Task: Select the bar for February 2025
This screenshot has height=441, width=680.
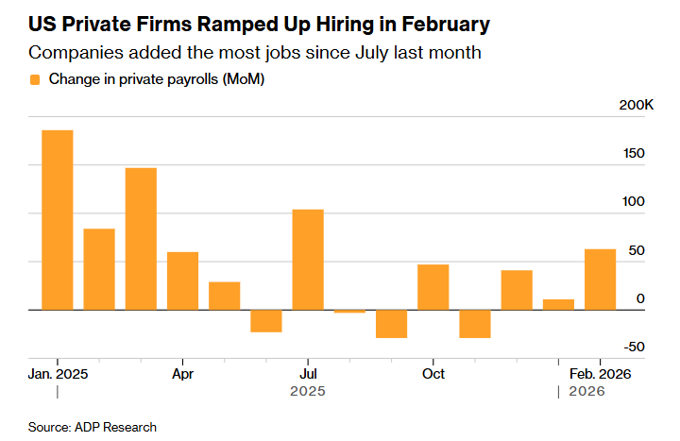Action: click(99, 269)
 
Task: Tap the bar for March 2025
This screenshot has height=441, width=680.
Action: click(141, 238)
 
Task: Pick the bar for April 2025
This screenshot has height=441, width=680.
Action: click(182, 280)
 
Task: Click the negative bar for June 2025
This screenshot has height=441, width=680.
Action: click(266, 321)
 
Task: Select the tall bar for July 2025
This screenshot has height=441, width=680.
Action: click(308, 259)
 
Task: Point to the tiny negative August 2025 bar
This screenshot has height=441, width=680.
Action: click(349, 311)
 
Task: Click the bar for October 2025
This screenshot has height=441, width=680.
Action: click(433, 286)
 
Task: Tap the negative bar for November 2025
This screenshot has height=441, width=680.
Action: click(475, 324)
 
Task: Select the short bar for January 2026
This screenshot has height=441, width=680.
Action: click(558, 304)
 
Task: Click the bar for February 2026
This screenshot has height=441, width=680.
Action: click(601, 279)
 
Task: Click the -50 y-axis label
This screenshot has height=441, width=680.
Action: click(635, 347)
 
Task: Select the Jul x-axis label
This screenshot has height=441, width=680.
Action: click(308, 374)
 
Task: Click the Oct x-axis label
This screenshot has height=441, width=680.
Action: click(433, 374)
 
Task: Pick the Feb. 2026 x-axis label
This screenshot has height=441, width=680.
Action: click(600, 374)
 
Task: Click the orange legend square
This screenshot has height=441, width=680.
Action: click(35, 80)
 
